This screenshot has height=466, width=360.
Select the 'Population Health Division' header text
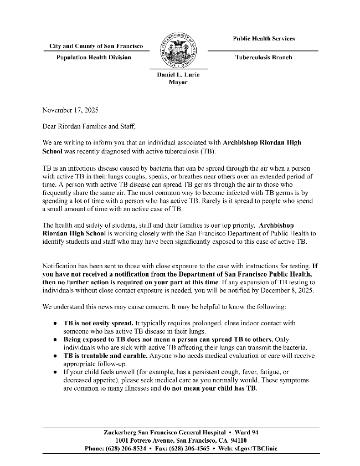coord(94,58)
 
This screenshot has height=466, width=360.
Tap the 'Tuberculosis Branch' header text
coord(263,58)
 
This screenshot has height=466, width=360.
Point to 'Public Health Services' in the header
coord(264,39)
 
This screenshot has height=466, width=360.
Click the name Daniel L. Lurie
coord(178,75)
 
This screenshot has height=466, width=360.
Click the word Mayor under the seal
coord(178,82)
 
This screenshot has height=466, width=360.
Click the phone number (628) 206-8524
coord(130,448)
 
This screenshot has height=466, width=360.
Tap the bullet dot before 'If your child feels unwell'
coord(55,372)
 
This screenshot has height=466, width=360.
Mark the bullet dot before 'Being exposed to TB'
coord(55,339)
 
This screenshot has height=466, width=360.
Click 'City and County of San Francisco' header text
coord(96,46)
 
